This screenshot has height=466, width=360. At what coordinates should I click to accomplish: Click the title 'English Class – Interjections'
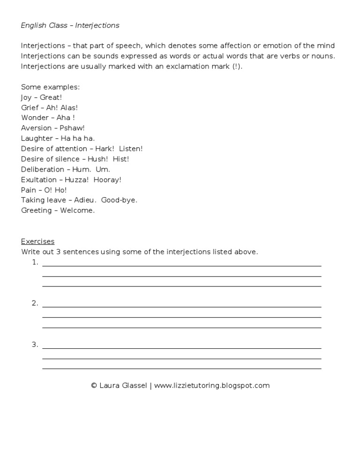coord(70,25)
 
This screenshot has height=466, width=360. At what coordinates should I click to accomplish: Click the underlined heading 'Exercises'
coord(37,241)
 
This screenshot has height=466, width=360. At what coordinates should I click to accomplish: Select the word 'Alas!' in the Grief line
coord(69,107)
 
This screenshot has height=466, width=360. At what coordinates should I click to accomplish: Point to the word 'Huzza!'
coord(81,180)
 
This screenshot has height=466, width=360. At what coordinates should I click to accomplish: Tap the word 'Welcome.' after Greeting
coord(77,210)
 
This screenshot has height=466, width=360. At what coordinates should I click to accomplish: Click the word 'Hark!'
coord(105,149)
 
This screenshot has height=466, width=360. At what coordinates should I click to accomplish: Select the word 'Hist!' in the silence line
coord(121,159)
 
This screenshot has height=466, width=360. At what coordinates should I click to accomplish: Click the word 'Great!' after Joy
coord(51,97)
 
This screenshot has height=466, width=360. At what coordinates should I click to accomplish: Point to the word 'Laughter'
coord(37,138)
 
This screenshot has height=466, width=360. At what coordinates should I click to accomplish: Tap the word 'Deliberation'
coord(43,169)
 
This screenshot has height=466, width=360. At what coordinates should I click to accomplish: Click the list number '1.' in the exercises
coord(35,263)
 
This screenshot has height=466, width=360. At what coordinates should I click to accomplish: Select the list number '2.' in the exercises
coord(35,303)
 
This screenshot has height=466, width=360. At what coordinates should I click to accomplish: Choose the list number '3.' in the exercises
coord(35,345)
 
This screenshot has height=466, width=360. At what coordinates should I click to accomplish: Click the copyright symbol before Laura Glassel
coord(94,386)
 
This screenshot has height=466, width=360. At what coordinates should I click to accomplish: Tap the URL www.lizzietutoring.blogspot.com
coord(212,386)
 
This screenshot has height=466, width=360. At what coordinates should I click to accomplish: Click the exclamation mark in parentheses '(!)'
coord(237,66)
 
